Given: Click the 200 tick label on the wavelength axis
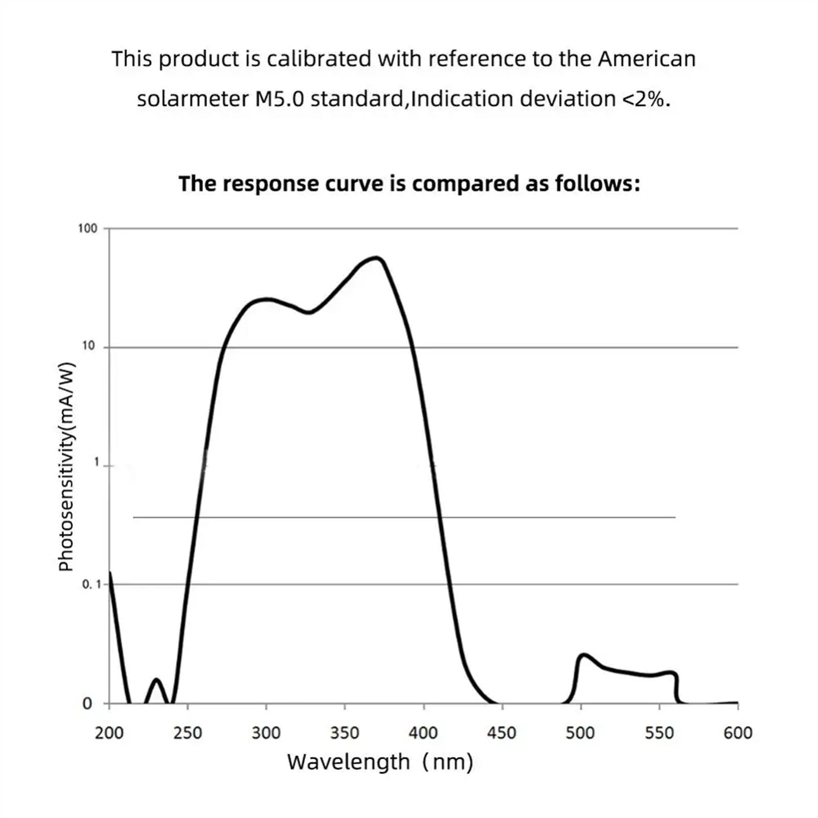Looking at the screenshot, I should tap(109, 733).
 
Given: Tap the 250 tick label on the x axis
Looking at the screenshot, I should tap(188, 733).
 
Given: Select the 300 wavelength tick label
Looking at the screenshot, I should tap(266, 733).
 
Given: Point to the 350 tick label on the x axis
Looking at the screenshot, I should tap(345, 733).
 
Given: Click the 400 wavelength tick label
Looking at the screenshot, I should tap(423, 733).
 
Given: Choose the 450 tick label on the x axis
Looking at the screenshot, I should tap(502, 733).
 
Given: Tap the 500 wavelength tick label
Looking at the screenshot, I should tap(580, 733).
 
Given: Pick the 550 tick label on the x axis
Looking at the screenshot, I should tap(659, 733).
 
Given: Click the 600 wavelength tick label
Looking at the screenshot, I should tap(738, 733).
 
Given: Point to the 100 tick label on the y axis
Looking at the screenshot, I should tap(87, 228).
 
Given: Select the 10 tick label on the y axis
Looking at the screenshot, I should tap(88, 346).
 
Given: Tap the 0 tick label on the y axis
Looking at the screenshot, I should tap(87, 704).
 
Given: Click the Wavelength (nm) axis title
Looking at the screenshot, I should tap(380, 762).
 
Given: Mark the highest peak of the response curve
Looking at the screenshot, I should tap(377, 258).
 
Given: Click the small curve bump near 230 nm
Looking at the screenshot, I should tap(156, 680).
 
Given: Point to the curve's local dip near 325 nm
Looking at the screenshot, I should tap(308, 312).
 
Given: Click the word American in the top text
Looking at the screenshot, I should tap(647, 59).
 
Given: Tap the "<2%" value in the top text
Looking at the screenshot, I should tap(645, 98).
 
